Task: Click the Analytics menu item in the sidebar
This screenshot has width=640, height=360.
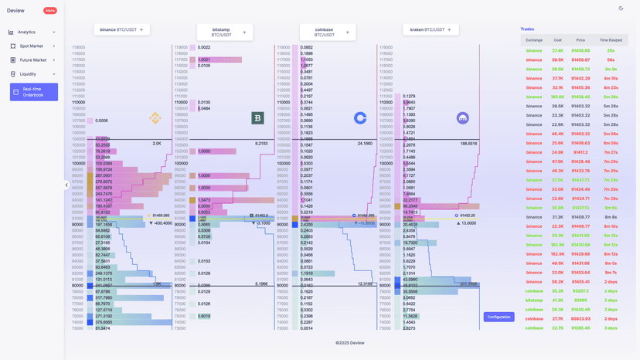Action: pyautogui.click(x=27, y=32)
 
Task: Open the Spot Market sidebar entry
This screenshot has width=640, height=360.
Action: pyautogui.click(x=31, y=46)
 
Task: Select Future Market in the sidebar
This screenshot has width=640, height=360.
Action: pyautogui.click(x=32, y=60)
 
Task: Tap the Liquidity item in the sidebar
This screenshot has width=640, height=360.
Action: pyautogui.click(x=28, y=74)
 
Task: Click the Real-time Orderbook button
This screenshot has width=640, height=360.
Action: pyautogui.click(x=33, y=92)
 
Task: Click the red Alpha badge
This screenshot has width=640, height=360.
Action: pyautogui.click(x=50, y=11)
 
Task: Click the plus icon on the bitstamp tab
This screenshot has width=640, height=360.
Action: pyautogui.click(x=244, y=32)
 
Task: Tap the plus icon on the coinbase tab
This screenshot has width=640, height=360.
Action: pyautogui.click(x=347, y=32)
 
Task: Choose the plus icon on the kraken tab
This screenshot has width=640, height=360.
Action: pyautogui.click(x=450, y=29)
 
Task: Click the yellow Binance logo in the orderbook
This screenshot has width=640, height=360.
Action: pyautogui.click(x=155, y=118)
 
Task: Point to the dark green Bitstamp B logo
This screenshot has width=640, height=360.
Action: pyautogui.click(x=257, y=118)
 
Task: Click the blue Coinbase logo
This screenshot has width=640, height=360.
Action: pyautogui.click(x=360, y=118)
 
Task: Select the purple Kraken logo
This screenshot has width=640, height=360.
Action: pyautogui.click(x=463, y=118)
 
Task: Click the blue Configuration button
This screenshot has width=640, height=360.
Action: pyautogui.click(x=499, y=317)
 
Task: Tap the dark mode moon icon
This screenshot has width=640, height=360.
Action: pyautogui.click(x=621, y=8)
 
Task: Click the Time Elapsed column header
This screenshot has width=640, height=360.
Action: pyautogui.click(x=611, y=40)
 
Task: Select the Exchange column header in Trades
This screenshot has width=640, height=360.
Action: pyautogui.click(x=534, y=40)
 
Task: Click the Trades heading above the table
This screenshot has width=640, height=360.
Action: pyautogui.click(x=527, y=29)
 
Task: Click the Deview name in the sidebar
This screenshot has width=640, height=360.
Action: pyautogui.click(x=15, y=11)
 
